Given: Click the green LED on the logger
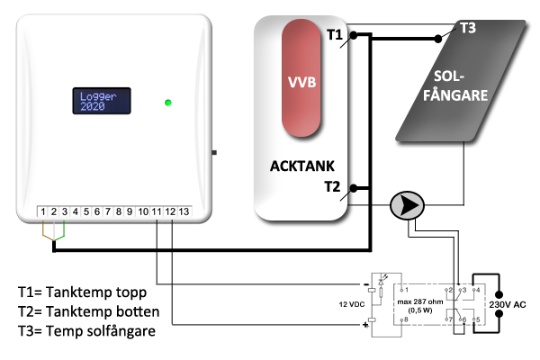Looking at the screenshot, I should click(167, 103).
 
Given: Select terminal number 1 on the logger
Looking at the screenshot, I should click(42, 211).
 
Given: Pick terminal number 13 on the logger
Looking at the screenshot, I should click(184, 211).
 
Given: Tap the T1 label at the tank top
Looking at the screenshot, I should click(335, 36).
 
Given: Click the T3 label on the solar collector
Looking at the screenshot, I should click(468, 28).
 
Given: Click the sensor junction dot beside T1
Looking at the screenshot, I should click(355, 36).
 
